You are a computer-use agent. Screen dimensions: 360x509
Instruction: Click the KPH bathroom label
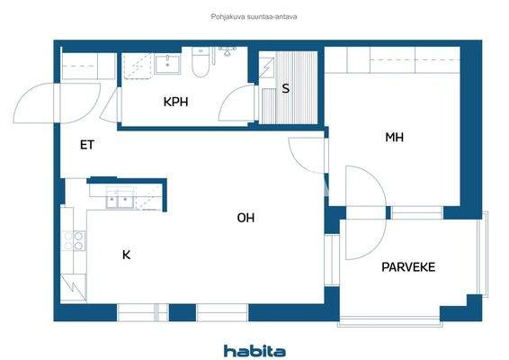pyautogui.click(x=175, y=102)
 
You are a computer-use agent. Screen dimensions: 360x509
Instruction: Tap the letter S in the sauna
pyautogui.click(x=285, y=88)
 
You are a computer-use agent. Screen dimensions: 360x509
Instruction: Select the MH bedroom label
pyautogui.click(x=393, y=138)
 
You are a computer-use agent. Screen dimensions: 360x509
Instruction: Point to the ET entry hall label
pyautogui.click(x=87, y=144)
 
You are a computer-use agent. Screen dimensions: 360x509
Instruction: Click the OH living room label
pyautogui.click(x=246, y=217)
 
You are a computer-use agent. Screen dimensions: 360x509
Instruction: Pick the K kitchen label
pyautogui.click(x=126, y=255)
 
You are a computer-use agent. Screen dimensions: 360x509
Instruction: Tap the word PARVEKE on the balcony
pyautogui.click(x=408, y=267)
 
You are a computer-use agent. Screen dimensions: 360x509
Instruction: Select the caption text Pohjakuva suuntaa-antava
pyautogui.click(x=254, y=15)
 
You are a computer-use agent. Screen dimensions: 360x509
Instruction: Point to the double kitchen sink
pyautogui.click(x=121, y=197)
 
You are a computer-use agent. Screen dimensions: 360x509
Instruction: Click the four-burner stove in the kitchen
pyautogui.click(x=76, y=240)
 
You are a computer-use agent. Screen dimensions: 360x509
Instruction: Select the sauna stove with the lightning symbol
pyautogui.click(x=266, y=67)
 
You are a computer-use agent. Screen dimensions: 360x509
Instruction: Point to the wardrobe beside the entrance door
pyautogui.click(x=87, y=67)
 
